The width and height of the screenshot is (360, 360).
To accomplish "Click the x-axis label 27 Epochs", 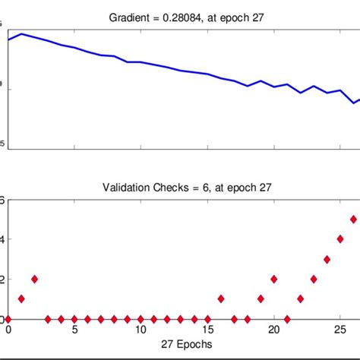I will [179, 344].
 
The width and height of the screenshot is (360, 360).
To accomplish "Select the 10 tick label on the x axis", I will [141, 330].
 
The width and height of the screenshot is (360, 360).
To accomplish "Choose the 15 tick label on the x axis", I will [207, 330].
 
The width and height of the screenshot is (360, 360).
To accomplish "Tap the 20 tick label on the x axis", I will [273, 330].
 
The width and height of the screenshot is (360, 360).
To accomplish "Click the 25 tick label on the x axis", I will [340, 330].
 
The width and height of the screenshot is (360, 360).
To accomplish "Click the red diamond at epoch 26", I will [353, 219].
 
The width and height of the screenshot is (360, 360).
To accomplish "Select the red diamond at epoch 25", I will [340, 238].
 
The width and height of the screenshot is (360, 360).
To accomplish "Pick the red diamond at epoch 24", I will [327, 259].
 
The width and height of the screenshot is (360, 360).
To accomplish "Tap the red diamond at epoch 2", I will [34, 279].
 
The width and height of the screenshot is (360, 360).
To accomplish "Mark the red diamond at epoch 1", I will [21, 298].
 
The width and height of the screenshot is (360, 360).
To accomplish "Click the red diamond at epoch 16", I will [220, 298].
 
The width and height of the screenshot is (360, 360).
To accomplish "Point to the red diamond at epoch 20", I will [273, 279].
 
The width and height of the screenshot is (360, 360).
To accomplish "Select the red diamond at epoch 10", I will [141, 319].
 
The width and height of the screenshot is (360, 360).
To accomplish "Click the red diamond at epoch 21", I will [287, 319].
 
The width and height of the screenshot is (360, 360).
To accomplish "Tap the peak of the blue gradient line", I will [21, 33].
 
